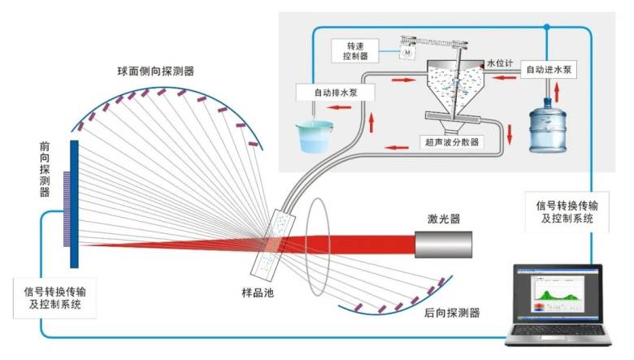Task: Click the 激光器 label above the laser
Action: (444, 219)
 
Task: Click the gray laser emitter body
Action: (444, 245)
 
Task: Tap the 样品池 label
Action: (258, 293)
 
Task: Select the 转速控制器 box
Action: (355, 51)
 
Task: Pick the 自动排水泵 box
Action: (336, 93)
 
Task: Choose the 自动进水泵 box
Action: (549, 70)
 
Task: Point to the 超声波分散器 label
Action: (452, 142)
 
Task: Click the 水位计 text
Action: (500, 63)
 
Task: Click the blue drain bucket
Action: (315, 137)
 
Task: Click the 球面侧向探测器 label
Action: (156, 72)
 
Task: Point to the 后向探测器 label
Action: (452, 313)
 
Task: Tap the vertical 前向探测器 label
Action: (45, 169)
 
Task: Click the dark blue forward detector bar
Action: (74, 204)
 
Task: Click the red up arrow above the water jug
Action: (557, 92)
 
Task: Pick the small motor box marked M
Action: (407, 52)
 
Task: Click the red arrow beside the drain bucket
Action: (338, 107)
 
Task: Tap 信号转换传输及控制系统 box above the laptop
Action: (567, 212)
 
